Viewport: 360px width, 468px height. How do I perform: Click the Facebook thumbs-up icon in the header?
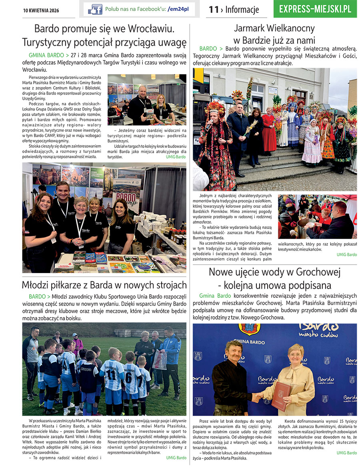95,9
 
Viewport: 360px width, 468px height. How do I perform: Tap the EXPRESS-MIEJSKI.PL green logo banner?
315,9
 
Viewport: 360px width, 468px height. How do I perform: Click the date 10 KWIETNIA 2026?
41,10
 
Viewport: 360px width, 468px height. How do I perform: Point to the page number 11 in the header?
213,10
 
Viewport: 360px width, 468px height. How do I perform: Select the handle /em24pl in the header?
178,9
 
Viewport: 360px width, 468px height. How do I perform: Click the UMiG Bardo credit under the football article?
176,458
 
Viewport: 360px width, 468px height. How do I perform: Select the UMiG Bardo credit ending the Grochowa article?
346,453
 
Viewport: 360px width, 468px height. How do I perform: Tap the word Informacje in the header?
242,10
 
